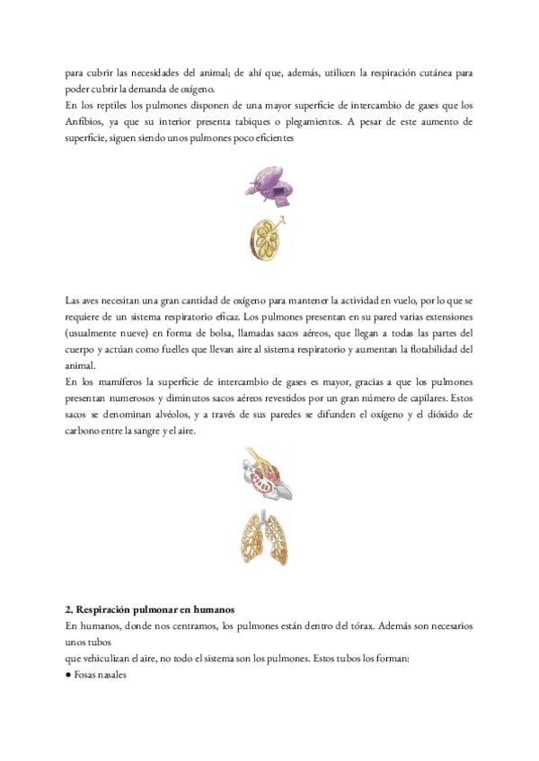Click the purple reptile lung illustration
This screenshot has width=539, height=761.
click(x=269, y=184)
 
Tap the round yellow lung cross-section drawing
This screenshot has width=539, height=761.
click(x=269, y=239)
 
